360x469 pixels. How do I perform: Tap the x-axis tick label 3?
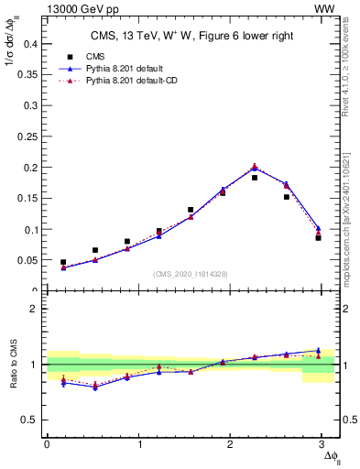coord(327,444)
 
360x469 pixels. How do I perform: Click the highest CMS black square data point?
coord(255,178)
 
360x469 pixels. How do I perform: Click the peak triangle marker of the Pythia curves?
coord(255,167)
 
